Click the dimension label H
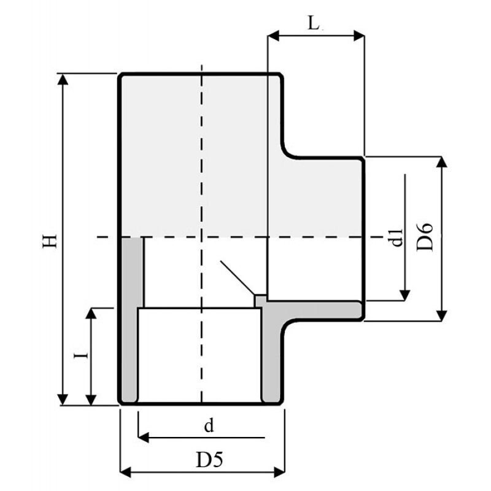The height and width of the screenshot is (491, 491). pyautogui.click(x=50, y=240)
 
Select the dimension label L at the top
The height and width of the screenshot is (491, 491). pyautogui.click(x=314, y=23)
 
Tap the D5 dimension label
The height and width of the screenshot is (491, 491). pyautogui.click(x=209, y=460)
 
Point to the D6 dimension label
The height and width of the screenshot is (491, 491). pyautogui.click(x=425, y=237)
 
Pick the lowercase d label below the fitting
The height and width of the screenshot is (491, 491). pyautogui.click(x=209, y=425)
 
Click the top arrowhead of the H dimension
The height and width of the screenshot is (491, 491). pyautogui.click(x=63, y=79)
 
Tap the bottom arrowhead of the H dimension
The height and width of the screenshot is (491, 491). pyautogui.click(x=63, y=400)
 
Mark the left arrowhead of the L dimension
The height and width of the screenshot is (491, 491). pyautogui.click(x=273, y=36)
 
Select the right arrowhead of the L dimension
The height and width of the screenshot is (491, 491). pyautogui.click(x=358, y=36)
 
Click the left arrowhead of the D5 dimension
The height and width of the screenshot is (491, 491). pyautogui.click(x=126, y=471)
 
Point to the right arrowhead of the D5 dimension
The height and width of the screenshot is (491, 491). pyautogui.click(x=279, y=471)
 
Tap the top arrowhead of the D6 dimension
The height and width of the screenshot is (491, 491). pyautogui.click(x=441, y=161)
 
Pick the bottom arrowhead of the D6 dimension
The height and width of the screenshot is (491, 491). pyautogui.click(x=441, y=315)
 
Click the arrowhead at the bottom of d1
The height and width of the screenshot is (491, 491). pyautogui.click(x=405, y=295)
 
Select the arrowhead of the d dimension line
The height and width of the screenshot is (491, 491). pyautogui.click(x=144, y=437)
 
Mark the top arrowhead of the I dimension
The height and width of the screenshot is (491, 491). pyautogui.click(x=91, y=314)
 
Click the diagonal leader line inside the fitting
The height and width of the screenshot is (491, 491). pyautogui.click(x=238, y=278)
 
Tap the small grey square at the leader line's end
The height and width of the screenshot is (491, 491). pyautogui.click(x=260, y=301)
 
